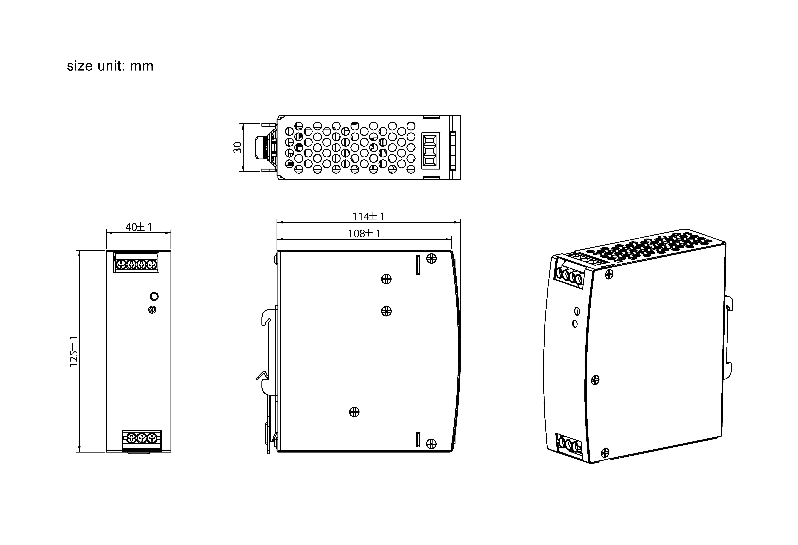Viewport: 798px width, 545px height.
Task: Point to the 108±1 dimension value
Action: pyautogui.click(x=364, y=234)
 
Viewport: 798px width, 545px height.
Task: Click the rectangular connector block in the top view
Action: pyautogui.click(x=430, y=151)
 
